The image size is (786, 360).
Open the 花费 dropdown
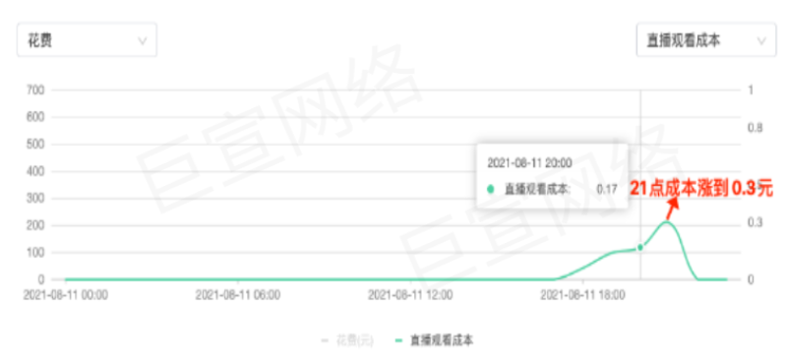click(87, 40)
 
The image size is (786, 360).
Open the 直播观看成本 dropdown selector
click(702, 40)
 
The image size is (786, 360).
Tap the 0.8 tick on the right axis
click(755, 128)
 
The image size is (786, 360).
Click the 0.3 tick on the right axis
click(755, 222)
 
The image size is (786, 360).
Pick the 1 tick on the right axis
click(751, 90)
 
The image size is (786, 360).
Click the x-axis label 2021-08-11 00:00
click(66, 294)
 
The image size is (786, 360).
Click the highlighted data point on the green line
click(640, 247)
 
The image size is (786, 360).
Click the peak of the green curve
click(667, 222)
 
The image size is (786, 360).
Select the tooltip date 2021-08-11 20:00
click(530, 159)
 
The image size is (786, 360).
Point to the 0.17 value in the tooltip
click(607, 188)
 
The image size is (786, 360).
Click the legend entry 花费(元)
click(350, 339)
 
